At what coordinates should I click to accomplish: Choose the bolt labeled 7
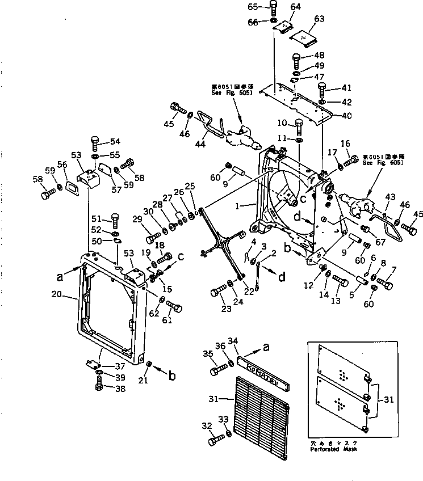383,283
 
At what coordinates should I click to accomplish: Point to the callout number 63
320,19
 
